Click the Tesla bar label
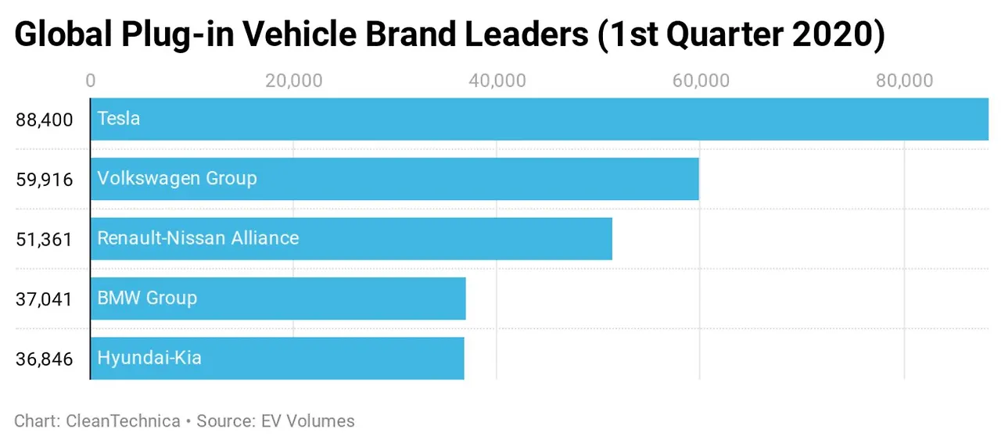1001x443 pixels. tap(119, 119)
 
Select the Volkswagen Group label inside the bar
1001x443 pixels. tap(177, 178)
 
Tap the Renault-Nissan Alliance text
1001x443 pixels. tap(198, 238)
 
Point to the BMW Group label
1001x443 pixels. tap(147, 298)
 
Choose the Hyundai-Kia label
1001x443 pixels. tap(149, 358)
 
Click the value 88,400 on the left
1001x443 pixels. tap(44, 120)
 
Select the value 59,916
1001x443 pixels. tap(44, 180)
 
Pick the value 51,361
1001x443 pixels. tap(44, 239)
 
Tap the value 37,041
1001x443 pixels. tap(44, 299)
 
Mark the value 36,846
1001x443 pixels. tap(44, 359)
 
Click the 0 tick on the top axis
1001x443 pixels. tap(91, 80)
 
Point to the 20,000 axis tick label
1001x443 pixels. tap(293, 80)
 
